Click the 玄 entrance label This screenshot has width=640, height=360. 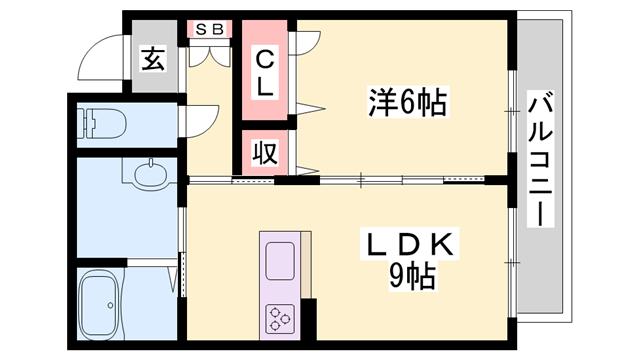click(x=153, y=59)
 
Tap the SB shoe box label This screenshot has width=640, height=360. click(x=210, y=29)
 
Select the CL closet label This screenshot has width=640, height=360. click(x=263, y=73)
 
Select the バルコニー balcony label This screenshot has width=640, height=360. click(x=542, y=160)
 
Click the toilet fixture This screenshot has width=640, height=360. click(x=104, y=125)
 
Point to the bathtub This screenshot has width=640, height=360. click(x=106, y=305)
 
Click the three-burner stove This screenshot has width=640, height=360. click(x=279, y=319)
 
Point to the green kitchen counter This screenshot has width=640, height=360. click(x=279, y=286)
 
